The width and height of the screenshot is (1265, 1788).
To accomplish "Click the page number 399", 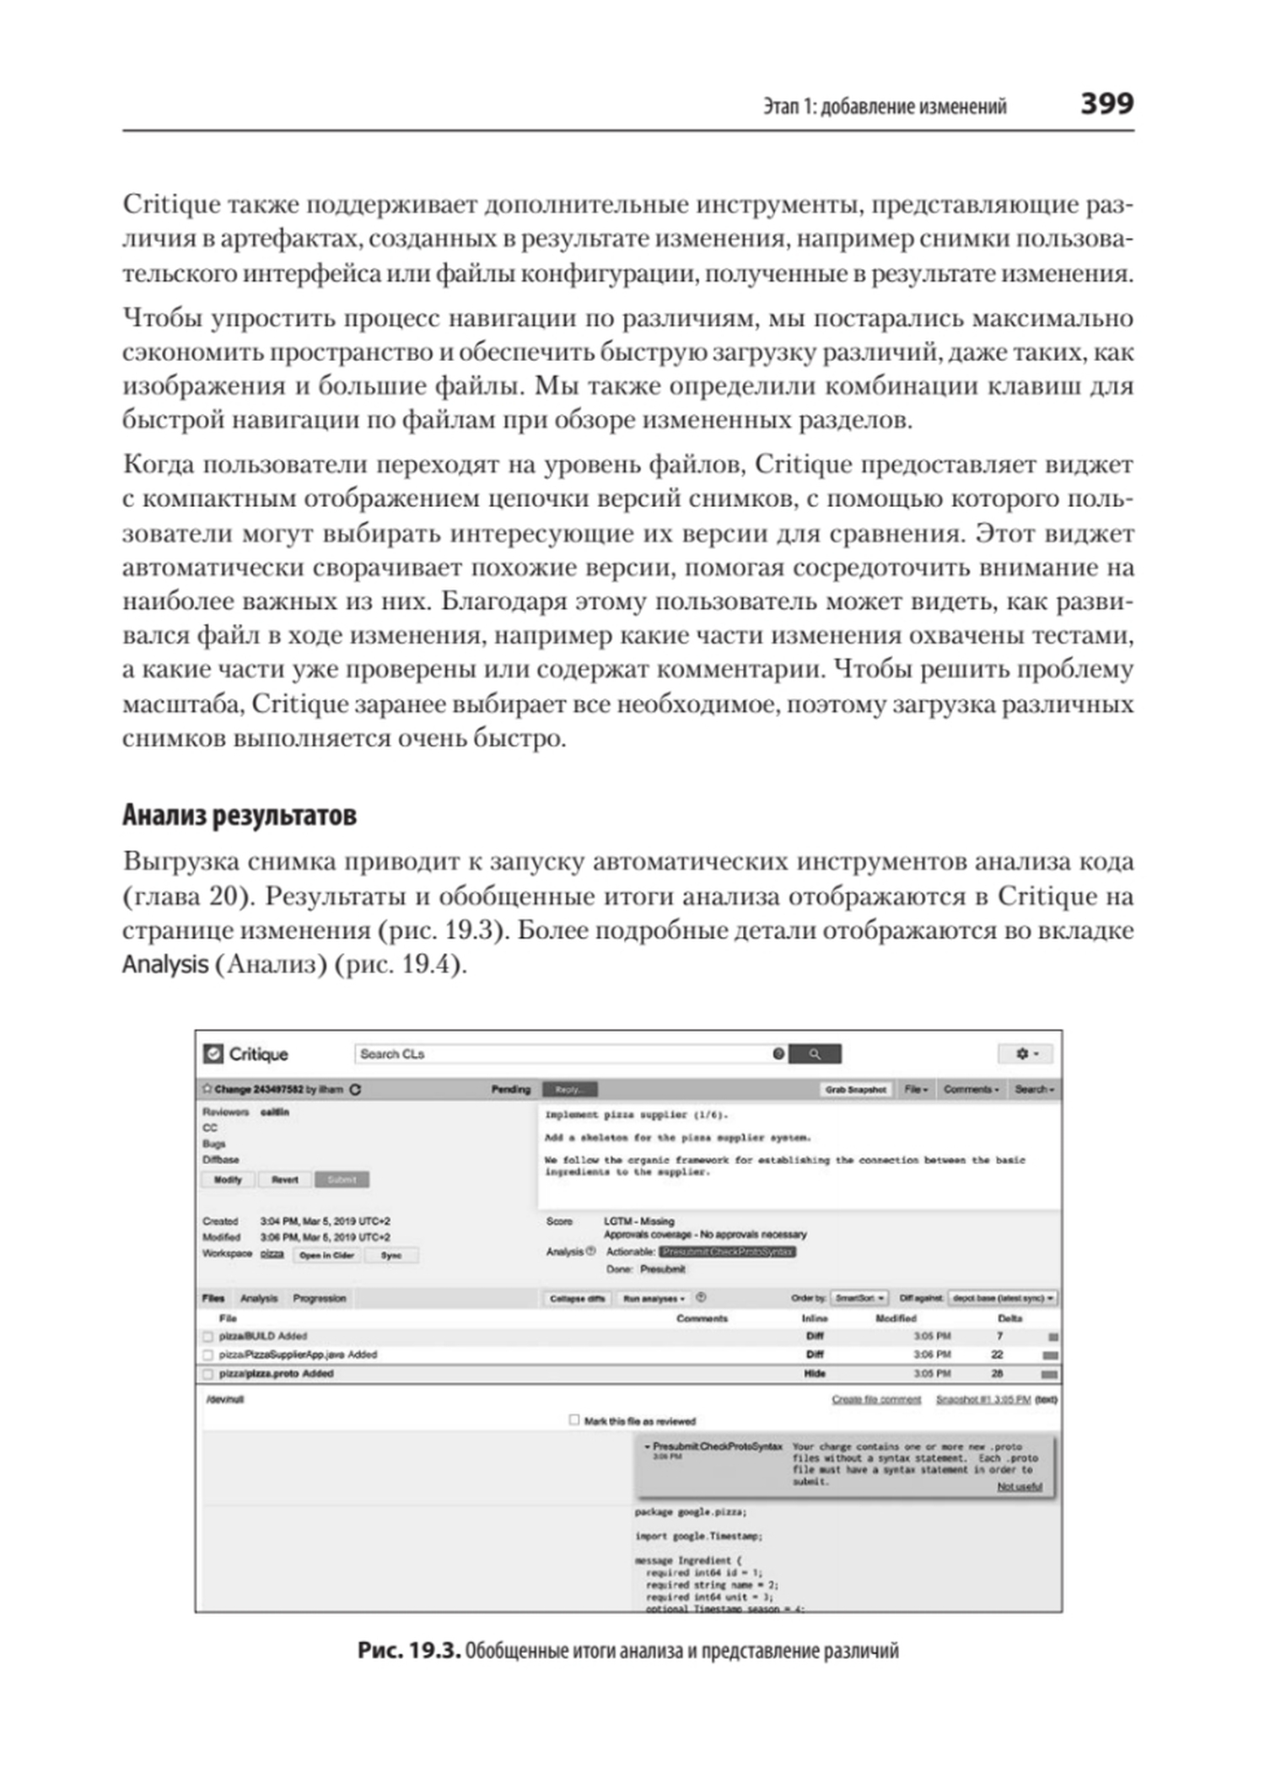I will click(x=1106, y=104).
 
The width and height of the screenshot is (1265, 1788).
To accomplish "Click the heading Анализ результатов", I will click(x=239, y=815).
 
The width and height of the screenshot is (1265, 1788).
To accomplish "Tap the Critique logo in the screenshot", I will click(x=246, y=1054).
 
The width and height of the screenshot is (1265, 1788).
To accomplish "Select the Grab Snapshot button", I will click(x=855, y=1090).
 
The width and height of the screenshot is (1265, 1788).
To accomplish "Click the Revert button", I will click(x=285, y=1180).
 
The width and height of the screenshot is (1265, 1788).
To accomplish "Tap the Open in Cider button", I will click(x=326, y=1255).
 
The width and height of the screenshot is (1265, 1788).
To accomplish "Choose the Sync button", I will click(x=391, y=1255).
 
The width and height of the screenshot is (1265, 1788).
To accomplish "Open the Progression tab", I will click(x=320, y=1298).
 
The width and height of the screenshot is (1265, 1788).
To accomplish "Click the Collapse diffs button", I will click(x=577, y=1299).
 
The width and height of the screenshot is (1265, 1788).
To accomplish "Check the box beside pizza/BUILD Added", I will click(x=208, y=1337).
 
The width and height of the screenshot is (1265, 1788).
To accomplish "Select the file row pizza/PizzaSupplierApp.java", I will click(x=298, y=1354).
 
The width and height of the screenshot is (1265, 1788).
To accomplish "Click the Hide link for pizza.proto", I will click(x=815, y=1374).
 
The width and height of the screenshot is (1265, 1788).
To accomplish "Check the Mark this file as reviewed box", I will click(x=574, y=1420).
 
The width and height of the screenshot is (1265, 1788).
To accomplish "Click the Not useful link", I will click(x=1020, y=1486).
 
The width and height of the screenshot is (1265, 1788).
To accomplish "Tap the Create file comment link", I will click(x=876, y=1399).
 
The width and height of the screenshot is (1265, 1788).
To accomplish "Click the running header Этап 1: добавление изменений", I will click(x=885, y=107).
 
